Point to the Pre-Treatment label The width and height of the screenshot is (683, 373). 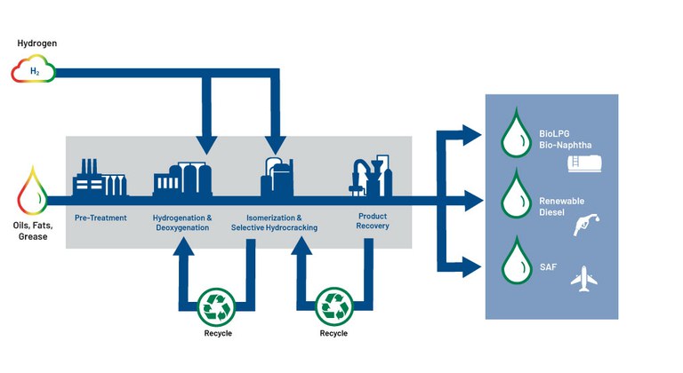click(100, 218)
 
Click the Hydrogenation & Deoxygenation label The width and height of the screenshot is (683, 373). click(183, 223)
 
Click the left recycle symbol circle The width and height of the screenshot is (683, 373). click(217, 305)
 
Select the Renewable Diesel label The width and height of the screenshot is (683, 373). click(561, 207)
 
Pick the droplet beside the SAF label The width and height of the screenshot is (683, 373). click(514, 258)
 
